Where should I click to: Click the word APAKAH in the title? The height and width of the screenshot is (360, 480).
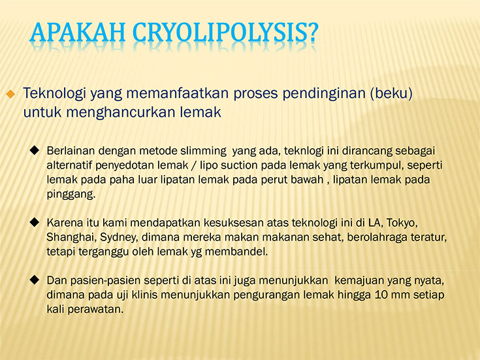[x=78, y=32]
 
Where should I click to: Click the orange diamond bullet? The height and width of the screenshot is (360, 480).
[x=10, y=93]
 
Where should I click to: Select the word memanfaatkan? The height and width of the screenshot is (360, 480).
[x=178, y=93]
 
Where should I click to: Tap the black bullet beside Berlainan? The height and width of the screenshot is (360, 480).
[x=35, y=150]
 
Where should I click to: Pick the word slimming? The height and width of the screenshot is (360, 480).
[x=203, y=151]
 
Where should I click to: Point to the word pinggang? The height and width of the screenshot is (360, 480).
[x=71, y=195]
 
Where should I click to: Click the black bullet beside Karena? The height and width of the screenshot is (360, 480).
[x=35, y=222]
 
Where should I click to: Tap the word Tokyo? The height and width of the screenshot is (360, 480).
[x=402, y=223]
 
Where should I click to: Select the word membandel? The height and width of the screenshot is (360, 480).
[x=236, y=252]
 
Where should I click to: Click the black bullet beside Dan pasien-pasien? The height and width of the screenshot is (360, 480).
[x=35, y=280]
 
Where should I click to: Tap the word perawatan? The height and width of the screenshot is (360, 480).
[x=95, y=310]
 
